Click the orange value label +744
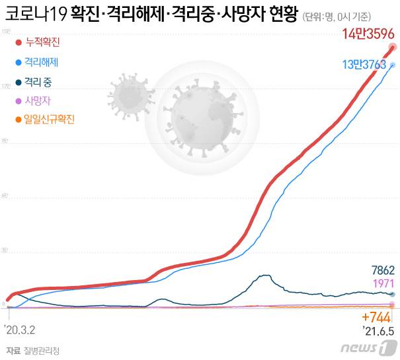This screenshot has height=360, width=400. [x=377, y=316]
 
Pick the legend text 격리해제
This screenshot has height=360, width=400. [x=41, y=63]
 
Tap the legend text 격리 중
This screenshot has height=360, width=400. [x=38, y=82]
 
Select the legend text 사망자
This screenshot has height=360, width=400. [x=37, y=100]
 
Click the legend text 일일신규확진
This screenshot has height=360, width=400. [x=48, y=120]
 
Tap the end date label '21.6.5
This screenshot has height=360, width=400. [x=377, y=330]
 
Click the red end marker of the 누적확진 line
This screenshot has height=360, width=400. [x=393, y=47]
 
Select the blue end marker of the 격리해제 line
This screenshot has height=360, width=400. [x=393, y=65]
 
